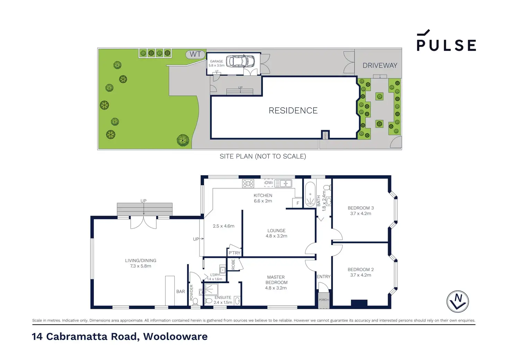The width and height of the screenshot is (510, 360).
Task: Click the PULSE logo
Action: click(446, 41)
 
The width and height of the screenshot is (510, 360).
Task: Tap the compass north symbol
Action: click(458, 301)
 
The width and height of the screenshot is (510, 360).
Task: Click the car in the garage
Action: click(240, 61)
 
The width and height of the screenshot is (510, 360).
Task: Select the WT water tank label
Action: click(195, 54)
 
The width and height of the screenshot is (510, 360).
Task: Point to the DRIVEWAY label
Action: click(380, 65)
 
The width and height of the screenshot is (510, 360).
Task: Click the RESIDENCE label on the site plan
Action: click(293, 110)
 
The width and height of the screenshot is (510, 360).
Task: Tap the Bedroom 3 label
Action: click(361, 210)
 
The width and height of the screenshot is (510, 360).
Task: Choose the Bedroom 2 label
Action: click(361, 272)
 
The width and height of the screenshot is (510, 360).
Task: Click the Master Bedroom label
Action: click(276, 282)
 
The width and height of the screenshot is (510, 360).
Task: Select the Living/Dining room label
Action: click(141, 263)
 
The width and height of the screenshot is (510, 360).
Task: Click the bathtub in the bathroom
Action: click(310, 195)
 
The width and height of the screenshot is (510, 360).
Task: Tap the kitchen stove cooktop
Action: click(248, 183)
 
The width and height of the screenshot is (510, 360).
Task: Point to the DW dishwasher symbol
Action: click(269, 183)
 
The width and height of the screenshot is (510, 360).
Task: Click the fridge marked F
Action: click(298, 203)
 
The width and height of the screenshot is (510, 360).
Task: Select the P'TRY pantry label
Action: click(234, 253)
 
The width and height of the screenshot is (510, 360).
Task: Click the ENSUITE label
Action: click(223, 298)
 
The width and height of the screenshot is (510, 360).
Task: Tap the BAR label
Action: click(181, 291)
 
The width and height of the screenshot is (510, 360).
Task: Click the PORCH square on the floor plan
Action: click(324, 300)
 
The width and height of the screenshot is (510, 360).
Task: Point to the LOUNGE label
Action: click(276, 233)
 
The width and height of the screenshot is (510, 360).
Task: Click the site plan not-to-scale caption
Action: click(263, 156)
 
